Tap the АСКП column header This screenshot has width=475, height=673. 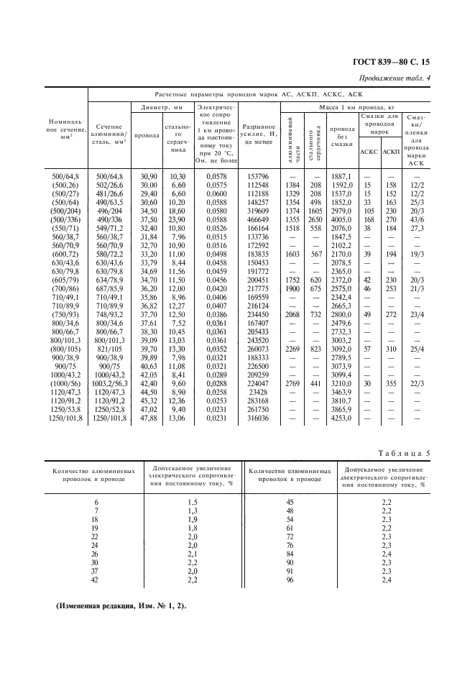[391, 152]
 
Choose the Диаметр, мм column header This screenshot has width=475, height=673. [162, 107]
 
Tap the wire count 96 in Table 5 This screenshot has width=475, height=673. [291, 579]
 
